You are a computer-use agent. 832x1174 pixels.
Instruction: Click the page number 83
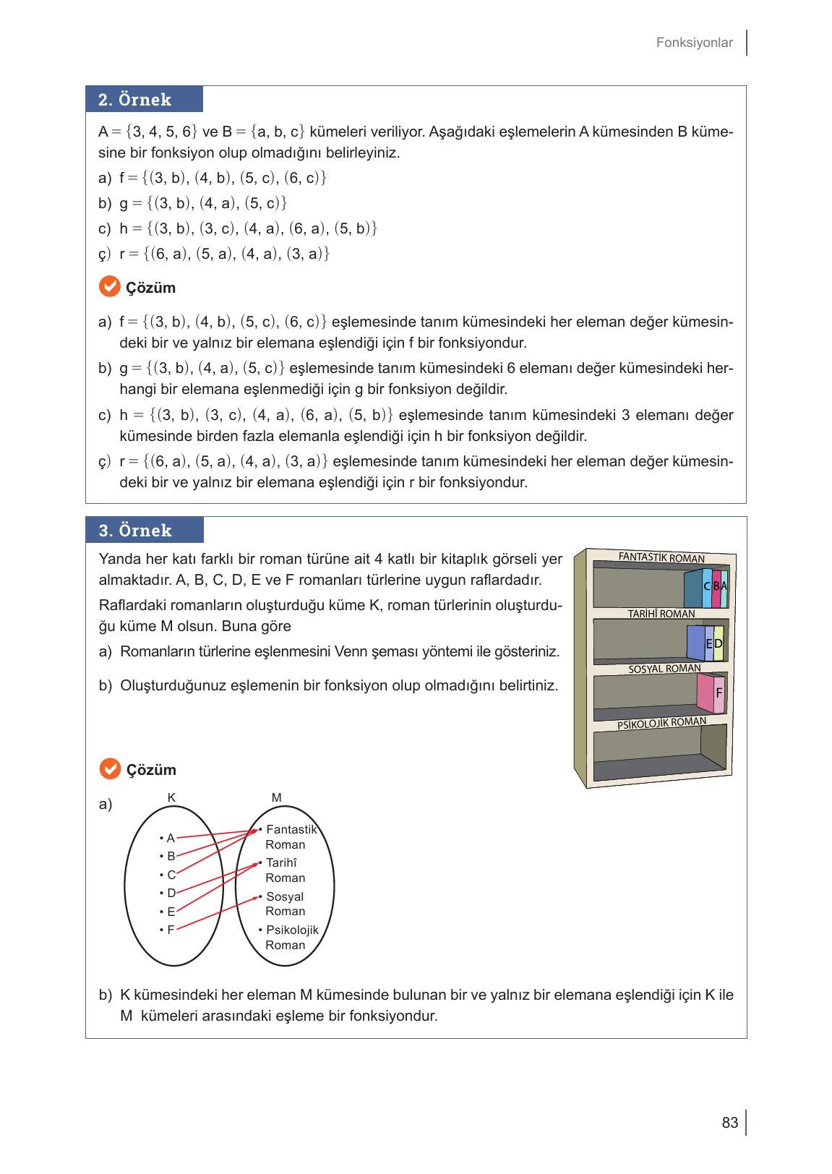point(729,1123)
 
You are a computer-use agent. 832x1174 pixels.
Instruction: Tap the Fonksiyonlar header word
point(694,43)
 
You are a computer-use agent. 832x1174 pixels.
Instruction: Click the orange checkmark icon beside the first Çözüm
point(108,287)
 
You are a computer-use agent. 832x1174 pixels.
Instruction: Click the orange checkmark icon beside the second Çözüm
point(108,769)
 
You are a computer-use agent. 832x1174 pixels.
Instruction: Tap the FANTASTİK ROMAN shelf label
point(661,557)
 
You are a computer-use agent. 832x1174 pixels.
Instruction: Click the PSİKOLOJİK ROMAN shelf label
point(661,723)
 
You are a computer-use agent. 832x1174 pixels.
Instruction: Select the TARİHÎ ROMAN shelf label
point(661,614)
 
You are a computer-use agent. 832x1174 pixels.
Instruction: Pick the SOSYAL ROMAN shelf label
point(664,669)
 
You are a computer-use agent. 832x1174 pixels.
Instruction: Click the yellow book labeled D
point(718,643)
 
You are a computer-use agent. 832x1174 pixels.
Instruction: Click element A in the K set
point(169,838)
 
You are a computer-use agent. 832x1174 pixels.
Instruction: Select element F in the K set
point(169,930)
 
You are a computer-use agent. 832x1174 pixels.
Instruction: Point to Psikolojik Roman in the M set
point(290,938)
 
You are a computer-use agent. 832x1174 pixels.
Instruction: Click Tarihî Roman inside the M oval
point(284,870)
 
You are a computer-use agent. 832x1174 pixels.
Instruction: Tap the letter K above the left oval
point(171,797)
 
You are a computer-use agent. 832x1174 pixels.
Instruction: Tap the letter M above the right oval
point(276,797)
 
